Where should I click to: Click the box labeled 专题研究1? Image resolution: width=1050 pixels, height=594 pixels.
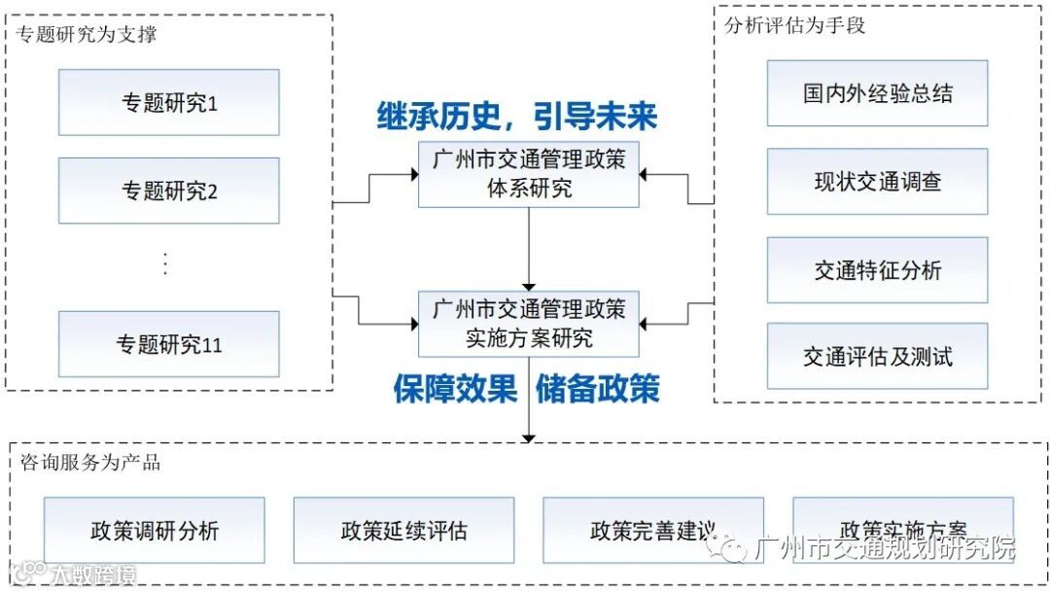[x=168, y=102]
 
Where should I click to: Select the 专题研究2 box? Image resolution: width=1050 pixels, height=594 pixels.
[x=168, y=191]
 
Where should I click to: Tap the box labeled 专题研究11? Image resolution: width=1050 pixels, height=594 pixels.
[x=168, y=344]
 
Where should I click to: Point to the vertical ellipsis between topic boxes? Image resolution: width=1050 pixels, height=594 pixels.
[x=165, y=263]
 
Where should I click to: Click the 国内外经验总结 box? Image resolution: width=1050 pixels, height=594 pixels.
[x=877, y=93]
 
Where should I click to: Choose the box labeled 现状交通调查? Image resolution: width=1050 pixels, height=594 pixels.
[x=877, y=182]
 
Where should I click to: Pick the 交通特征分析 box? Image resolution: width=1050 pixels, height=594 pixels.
[x=877, y=270]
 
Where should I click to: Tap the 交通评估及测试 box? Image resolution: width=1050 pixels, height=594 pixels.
[x=877, y=357]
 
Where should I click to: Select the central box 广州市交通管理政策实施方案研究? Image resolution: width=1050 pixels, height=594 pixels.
[x=529, y=324]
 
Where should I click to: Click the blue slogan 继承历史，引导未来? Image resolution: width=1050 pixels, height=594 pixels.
[x=517, y=117]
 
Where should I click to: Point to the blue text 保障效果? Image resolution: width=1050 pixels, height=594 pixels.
[x=455, y=389]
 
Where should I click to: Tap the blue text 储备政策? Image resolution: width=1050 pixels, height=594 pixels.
[x=597, y=389]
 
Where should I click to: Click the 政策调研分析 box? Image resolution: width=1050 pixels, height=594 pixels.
[x=155, y=531]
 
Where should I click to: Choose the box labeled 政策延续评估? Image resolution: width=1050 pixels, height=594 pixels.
[x=403, y=531]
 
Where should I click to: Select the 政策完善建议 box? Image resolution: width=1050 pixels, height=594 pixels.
[x=652, y=531]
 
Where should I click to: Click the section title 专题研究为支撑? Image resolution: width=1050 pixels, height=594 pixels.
[x=87, y=36]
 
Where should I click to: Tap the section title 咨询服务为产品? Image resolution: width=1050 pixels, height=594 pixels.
[x=89, y=463]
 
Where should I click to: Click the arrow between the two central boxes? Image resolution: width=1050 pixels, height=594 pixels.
[x=529, y=249]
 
